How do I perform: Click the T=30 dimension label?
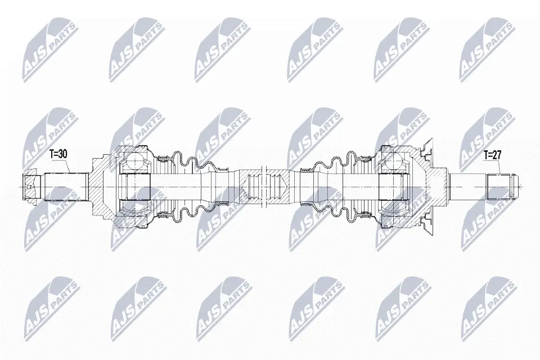click(58, 154)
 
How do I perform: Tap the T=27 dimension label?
click(492, 155)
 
